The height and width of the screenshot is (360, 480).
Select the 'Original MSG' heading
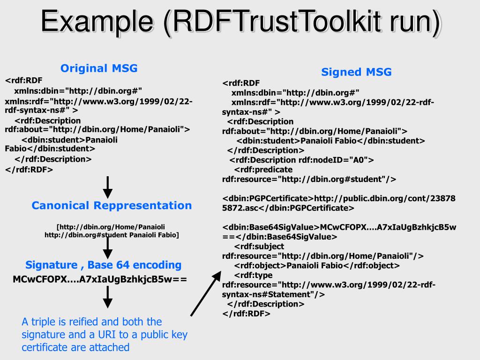click(99, 68)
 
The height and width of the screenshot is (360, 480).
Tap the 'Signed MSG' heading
click(356, 72)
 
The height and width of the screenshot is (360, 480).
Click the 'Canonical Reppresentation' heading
click(112, 205)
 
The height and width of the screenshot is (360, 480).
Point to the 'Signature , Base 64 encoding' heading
click(103, 265)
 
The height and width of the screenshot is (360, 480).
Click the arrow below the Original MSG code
click(108, 187)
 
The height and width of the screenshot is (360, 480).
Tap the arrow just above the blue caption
click(108, 296)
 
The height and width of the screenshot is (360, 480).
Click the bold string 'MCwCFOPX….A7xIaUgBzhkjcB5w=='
click(99, 279)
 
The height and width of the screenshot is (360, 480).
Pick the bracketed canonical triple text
click(112, 231)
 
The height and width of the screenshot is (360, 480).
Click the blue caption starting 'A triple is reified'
click(104, 334)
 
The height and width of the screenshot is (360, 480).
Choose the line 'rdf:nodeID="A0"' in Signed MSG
click(301, 160)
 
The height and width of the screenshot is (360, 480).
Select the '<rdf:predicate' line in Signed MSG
click(263, 169)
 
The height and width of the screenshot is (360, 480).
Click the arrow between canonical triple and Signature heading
click(108, 247)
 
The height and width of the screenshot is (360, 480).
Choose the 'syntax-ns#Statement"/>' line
click(273, 294)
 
